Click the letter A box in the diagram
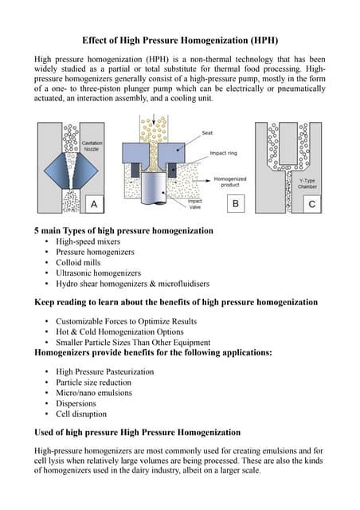click(94, 205)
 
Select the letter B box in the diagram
click(235, 205)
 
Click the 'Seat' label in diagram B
click(206, 132)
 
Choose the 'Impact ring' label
click(224, 154)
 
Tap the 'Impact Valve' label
click(194, 204)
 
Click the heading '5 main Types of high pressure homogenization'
click(123, 230)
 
